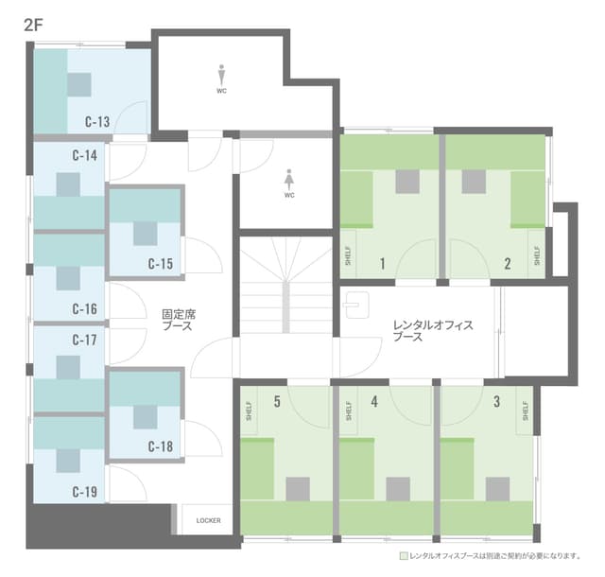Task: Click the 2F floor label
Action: [x=33, y=26]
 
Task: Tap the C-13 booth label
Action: [x=97, y=122]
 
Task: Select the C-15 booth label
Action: [x=161, y=264]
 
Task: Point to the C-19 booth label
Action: [x=84, y=492]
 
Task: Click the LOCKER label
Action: [x=208, y=520]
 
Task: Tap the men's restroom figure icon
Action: [x=221, y=75]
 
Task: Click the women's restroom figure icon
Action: [x=289, y=179]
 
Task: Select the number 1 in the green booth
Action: [x=382, y=264]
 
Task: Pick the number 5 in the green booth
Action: [x=277, y=402]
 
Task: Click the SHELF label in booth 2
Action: [x=537, y=255]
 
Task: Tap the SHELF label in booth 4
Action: [x=349, y=411]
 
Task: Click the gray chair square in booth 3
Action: [x=497, y=489]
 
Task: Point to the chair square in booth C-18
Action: [x=146, y=417]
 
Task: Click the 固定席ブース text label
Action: [x=179, y=320]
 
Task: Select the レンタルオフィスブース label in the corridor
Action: [x=433, y=331]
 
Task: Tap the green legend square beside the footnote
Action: [x=404, y=556]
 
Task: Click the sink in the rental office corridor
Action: [x=357, y=305]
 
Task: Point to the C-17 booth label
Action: [x=84, y=340]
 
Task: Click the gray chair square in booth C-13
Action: [x=79, y=84]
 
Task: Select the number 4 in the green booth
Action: [x=374, y=402]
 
